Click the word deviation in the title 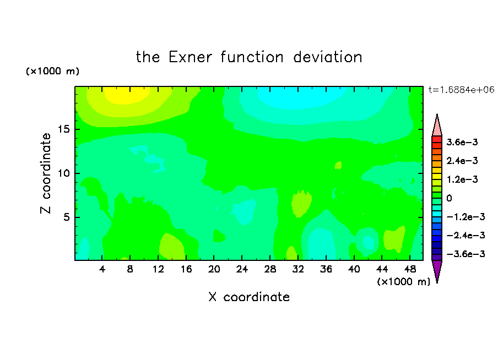[x=327, y=57]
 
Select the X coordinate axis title [x=249, y=297]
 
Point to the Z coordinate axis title [x=46, y=173]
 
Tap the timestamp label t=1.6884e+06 [x=461, y=90]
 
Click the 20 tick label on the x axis [x=214, y=269]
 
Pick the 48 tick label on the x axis [x=410, y=269]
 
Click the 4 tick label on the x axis [x=102, y=269]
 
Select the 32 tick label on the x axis [x=298, y=269]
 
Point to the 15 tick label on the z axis [x=63, y=129]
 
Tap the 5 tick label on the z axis [x=66, y=217]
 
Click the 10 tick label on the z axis [x=63, y=173]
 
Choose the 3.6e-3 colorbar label [x=462, y=142]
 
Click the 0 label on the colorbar [x=449, y=198]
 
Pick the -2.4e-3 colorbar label [x=465, y=235]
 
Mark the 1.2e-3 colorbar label [x=462, y=179]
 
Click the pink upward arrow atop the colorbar [x=437, y=125]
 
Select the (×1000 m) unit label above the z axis [x=52, y=71]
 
